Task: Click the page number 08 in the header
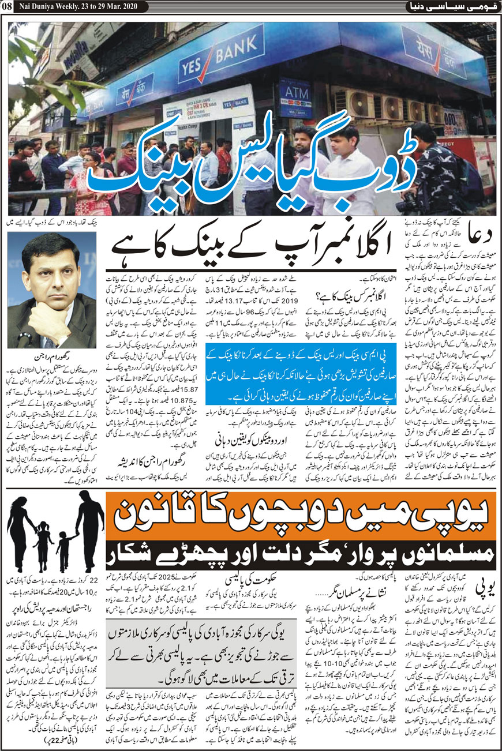[x=11, y=7]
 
